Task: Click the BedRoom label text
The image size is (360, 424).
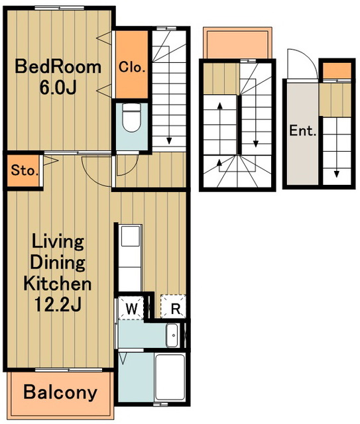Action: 58,67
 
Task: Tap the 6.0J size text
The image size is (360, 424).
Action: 58,87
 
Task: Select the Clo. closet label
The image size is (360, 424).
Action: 132,67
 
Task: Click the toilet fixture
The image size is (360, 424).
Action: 132,118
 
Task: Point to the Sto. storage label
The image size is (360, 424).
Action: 24,171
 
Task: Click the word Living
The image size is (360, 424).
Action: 58,242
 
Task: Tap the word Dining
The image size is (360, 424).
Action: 58,263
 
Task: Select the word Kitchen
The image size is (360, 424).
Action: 58,284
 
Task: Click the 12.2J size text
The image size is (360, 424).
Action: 58,304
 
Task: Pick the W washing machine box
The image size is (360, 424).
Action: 132,308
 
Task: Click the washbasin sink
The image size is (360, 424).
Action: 172,335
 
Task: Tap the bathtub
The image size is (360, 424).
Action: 170,377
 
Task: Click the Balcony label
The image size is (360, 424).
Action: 60,392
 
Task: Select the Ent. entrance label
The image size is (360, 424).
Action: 303,131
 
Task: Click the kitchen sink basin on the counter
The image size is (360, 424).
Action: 131,237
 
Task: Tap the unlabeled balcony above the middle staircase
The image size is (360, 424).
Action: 237,42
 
